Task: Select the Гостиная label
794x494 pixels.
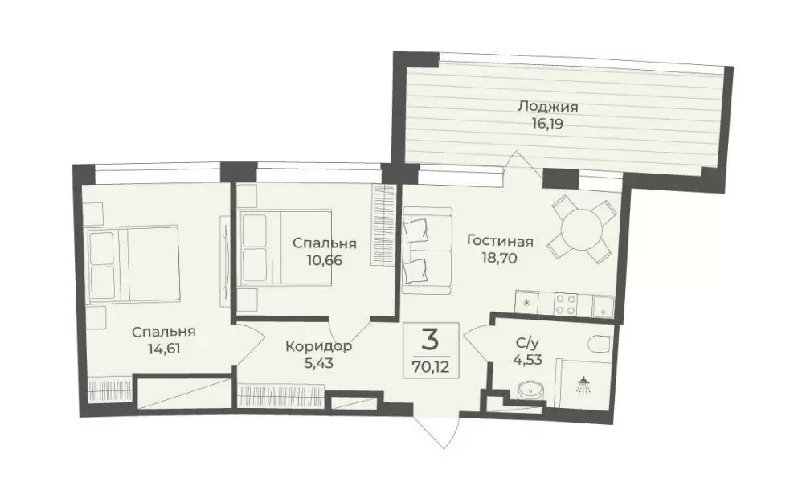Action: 500,241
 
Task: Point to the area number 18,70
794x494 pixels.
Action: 500,259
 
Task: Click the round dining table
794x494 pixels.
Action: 583,229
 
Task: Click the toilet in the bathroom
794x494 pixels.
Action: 602,344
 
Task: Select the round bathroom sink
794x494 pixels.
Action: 530,390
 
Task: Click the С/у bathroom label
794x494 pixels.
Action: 526,343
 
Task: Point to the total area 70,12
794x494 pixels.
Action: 431,367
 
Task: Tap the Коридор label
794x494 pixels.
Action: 318,347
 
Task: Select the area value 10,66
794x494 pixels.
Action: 324,261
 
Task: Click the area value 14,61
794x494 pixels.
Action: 164,349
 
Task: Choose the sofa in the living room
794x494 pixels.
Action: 427,251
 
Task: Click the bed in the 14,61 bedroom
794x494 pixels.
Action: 133,265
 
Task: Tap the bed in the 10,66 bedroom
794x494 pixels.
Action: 286,248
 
